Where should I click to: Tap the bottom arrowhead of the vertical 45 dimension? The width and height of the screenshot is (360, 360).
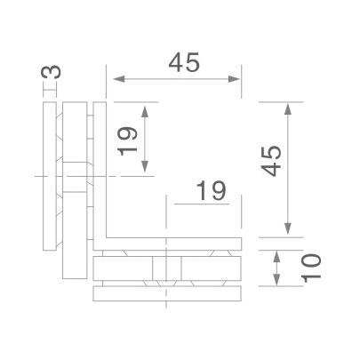point(286,233)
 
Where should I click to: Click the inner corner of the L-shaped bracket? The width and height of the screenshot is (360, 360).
point(108,236)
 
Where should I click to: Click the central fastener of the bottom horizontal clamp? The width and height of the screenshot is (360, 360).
point(165,268)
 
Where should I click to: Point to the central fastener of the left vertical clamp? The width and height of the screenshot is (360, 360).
point(76,178)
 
